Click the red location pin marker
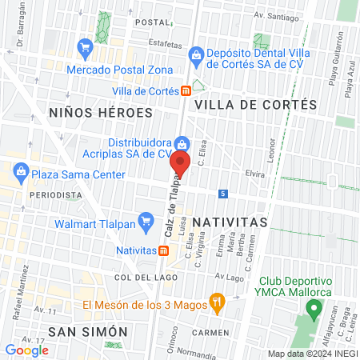(x=180, y=165)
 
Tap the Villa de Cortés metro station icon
(x=186, y=91)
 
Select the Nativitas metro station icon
(x=163, y=250)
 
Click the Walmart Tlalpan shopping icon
(x=146, y=222)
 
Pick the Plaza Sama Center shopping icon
(x=19, y=170)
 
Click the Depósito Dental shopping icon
(x=196, y=54)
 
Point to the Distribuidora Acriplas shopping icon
(x=182, y=144)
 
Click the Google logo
(x=26, y=350)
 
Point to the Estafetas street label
(x=165, y=46)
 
